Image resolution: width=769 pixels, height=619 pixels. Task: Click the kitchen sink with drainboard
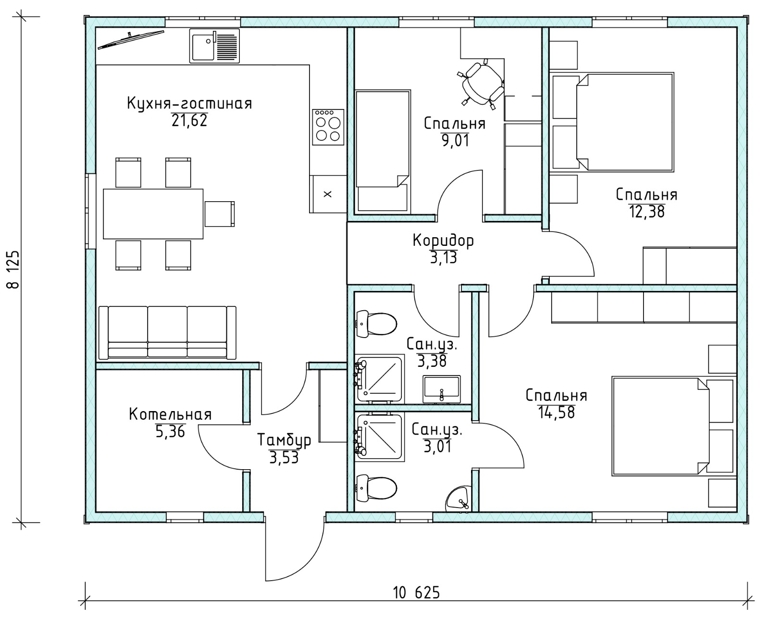coord(214,46)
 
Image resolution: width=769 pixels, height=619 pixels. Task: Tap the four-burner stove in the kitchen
coord(328,127)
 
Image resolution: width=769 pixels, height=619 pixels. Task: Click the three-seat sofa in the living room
coord(167,332)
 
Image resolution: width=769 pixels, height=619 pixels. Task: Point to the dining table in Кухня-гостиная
coord(153,214)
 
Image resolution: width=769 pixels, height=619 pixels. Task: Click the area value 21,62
coord(189,121)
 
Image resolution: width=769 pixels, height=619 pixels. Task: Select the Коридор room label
coord(443,241)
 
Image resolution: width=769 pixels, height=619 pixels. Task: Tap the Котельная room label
coord(170,415)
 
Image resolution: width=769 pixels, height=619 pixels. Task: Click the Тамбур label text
coord(284,441)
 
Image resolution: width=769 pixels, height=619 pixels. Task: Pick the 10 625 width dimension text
coord(416,593)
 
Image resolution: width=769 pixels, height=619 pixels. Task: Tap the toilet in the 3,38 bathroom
coord(377,324)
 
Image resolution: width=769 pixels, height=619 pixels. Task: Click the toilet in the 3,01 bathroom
coord(377,488)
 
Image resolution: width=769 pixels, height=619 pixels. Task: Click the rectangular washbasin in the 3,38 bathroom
coord(441,389)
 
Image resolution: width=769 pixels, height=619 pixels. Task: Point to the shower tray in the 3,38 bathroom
coord(379,379)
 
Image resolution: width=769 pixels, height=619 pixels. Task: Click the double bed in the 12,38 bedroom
coord(625,122)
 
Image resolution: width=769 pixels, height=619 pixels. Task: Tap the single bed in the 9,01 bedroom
coord(383,151)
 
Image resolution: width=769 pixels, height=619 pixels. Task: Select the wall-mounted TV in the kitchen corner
coord(131,40)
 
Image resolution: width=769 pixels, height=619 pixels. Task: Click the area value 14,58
coord(557,413)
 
